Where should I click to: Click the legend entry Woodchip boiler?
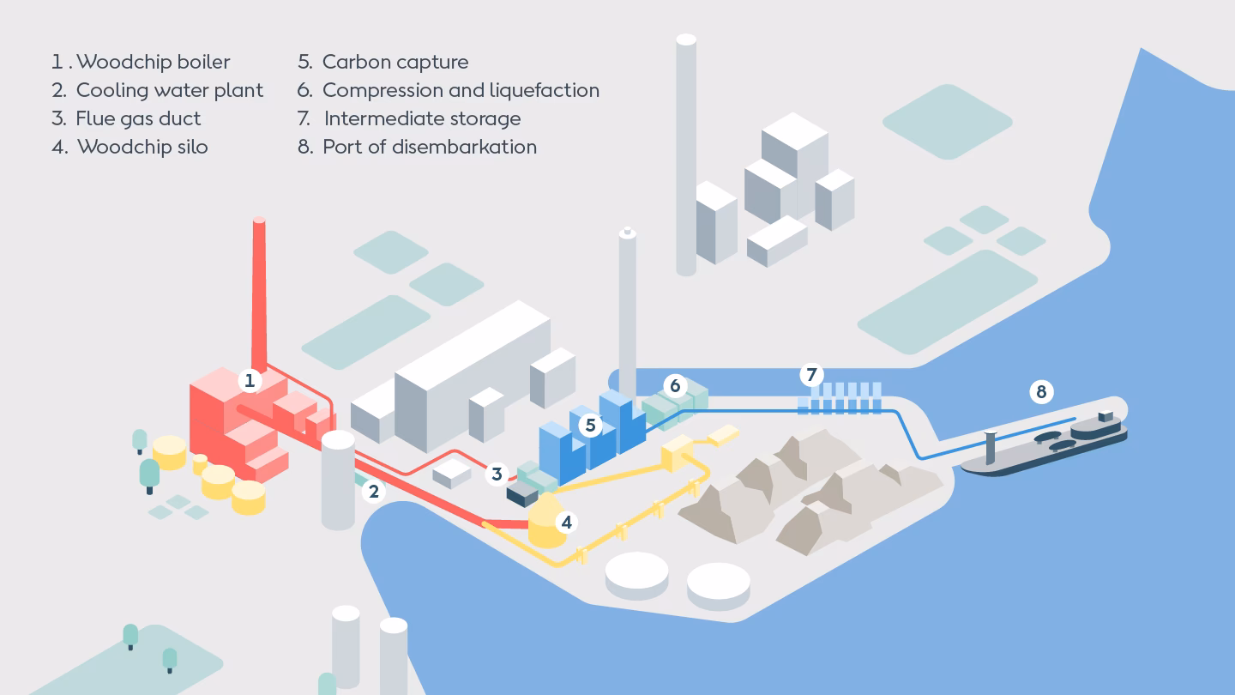142,62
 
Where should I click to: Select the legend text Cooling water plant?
158,90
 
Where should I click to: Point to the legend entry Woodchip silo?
130,147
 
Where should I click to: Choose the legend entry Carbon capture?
383,62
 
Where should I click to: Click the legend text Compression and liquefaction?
449,90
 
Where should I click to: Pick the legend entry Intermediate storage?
410,118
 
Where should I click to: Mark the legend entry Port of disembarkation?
418,147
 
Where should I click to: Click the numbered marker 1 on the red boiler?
250,380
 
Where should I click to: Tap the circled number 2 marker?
372,492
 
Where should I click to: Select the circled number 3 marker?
497,474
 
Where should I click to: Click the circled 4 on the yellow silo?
565,522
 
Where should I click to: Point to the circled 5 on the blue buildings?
590,424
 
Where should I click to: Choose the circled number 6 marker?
675,385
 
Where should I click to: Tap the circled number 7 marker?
811,375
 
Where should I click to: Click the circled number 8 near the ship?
1041,392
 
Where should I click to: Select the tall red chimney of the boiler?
260,292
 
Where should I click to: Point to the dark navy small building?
521,494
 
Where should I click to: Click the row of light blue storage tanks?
840,400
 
